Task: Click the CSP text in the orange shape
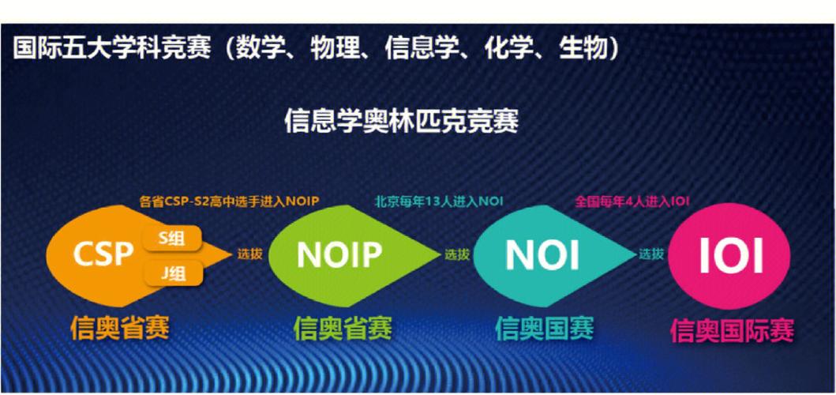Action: tap(103, 254)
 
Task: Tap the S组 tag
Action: tap(171, 239)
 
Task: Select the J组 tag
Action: tap(171, 274)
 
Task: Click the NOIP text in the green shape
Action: tap(339, 254)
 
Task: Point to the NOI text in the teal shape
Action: tap(542, 254)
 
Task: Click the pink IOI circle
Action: tap(730, 254)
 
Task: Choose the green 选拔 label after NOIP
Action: tap(456, 254)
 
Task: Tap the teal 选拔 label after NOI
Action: tap(652, 254)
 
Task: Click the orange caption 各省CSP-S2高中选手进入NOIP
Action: tap(228, 201)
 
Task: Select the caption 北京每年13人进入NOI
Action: tap(439, 201)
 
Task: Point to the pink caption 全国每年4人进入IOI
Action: tap(632, 201)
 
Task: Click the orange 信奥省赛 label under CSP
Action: tap(120, 325)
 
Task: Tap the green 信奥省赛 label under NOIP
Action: tap(343, 325)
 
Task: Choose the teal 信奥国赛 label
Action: tap(544, 325)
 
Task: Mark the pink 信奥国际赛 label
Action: tap(732, 329)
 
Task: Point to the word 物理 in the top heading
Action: tap(332, 48)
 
